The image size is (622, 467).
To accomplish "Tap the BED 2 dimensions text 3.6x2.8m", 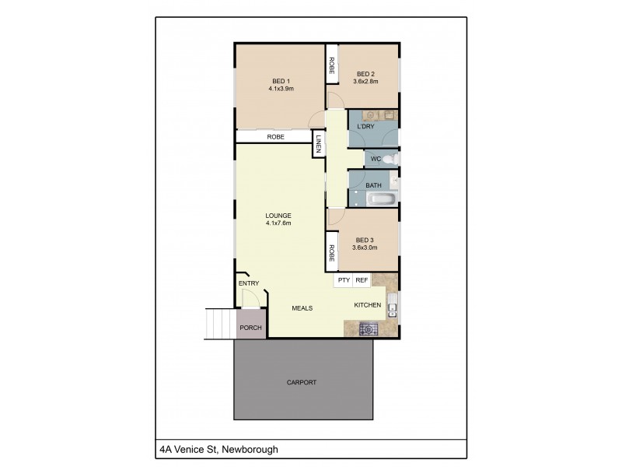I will [365, 81].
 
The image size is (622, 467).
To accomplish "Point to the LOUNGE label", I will [278, 215].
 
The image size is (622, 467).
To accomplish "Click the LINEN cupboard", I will [319, 144].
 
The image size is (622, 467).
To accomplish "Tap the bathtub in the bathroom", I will [383, 198].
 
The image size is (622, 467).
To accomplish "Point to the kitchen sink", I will [393, 306].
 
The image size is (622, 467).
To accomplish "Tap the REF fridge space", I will [362, 279].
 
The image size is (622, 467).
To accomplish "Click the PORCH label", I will [250, 328].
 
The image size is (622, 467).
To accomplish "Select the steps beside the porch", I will [220, 323].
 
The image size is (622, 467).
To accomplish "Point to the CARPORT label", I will [302, 382].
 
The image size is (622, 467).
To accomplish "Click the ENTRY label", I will [249, 283].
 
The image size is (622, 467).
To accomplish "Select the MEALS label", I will [302, 308].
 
